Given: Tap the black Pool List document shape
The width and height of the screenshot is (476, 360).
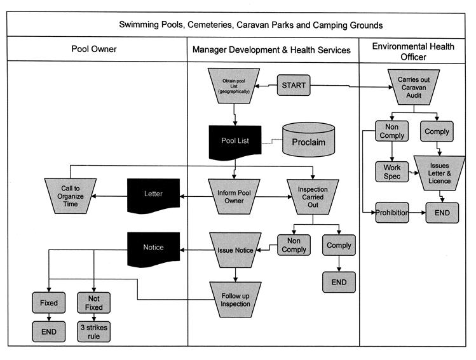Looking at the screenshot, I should [x=235, y=140].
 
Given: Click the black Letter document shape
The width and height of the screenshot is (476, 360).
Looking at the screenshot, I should [x=154, y=193].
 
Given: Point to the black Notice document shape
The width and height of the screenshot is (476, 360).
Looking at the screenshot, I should [x=154, y=247].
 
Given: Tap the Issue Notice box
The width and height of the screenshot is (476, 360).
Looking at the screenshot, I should [x=236, y=250].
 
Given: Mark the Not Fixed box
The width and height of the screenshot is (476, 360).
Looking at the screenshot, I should [x=94, y=303].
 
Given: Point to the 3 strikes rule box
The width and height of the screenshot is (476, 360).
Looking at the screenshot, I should [x=94, y=331].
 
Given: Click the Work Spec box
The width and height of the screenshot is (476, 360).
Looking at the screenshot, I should [x=392, y=171].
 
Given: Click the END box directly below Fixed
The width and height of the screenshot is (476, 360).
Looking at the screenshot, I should [x=48, y=331].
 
